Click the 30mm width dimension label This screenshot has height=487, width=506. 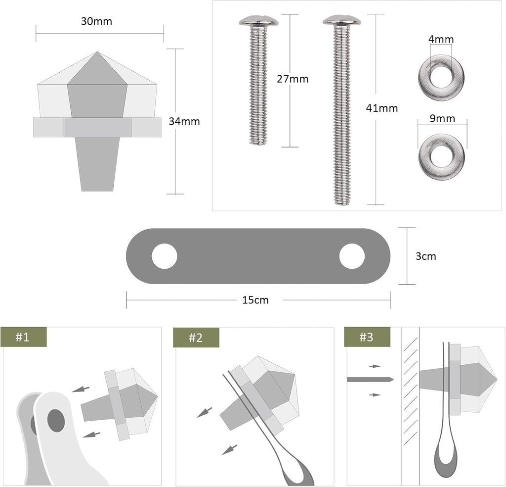click(x=96, y=21)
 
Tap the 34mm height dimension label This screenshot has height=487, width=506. click(x=184, y=121)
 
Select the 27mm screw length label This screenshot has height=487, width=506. click(x=293, y=79)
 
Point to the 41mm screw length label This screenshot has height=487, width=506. click(x=382, y=108)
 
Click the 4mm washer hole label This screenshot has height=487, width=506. click(x=441, y=39)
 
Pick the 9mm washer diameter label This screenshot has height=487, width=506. click(x=442, y=118)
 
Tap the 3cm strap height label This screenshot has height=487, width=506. click(x=425, y=256)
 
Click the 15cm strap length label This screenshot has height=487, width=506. click(x=255, y=300)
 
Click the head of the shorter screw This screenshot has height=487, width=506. click(x=259, y=20)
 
